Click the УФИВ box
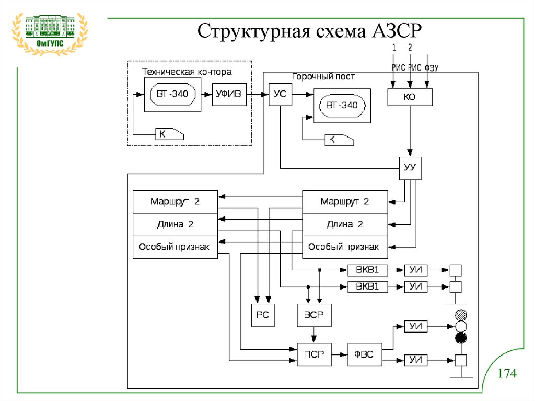[x=229, y=94]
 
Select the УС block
[x=280, y=94]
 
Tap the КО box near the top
[x=410, y=97]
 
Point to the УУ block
[x=410, y=168]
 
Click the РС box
[x=263, y=315]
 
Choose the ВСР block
[x=313, y=315]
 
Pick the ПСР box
[x=313, y=354]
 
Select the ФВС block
[x=365, y=354]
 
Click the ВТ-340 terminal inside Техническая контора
[x=172, y=95]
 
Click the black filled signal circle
[x=460, y=338]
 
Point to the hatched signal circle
[x=460, y=315]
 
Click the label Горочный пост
[x=323, y=77]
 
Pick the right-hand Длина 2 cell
[x=345, y=224]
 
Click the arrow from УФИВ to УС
[x=258, y=95]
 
